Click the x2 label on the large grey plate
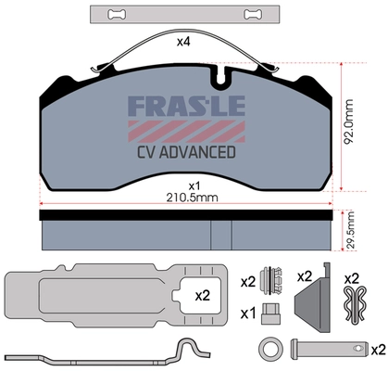pos(203,296)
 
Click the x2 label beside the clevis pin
pos(377,350)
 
